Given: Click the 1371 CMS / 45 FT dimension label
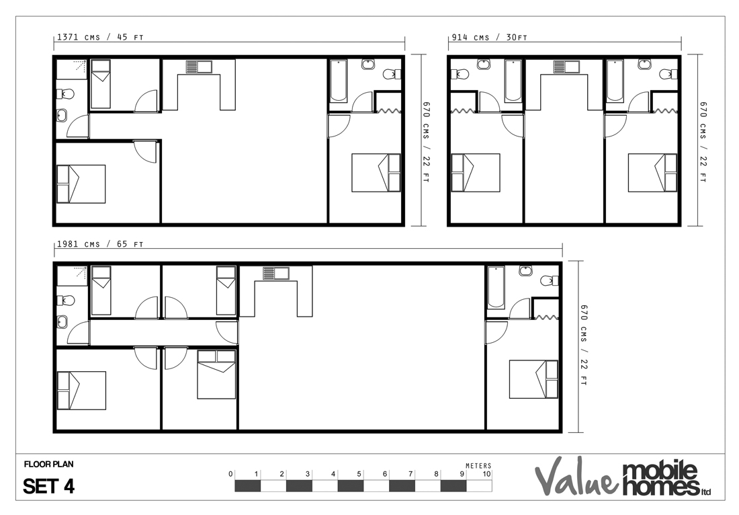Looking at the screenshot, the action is point(100,37).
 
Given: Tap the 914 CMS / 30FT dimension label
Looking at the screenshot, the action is point(489,37).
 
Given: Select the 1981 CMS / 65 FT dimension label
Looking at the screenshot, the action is point(100,244).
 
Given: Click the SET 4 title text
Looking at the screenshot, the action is point(49,486).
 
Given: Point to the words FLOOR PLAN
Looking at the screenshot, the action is point(49,464).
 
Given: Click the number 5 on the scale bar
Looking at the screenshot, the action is point(359,473).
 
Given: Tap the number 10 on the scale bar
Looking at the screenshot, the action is point(486,473).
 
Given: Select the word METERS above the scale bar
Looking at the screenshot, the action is point(478,465).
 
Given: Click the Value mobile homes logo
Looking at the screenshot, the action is point(623,477).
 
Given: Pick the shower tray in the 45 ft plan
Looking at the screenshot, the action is point(72,69).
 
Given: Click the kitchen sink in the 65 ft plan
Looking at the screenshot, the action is point(275,274).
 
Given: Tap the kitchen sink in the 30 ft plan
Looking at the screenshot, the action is point(566,67).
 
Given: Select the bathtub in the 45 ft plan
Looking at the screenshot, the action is point(339,81).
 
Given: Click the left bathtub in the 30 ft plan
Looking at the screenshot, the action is point(513,81).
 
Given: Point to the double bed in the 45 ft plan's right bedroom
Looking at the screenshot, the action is point(376,173).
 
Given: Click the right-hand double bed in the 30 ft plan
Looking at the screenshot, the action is point(652,173).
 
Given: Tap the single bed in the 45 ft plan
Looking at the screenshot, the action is point(100,84).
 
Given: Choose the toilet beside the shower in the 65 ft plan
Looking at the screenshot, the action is point(66,300).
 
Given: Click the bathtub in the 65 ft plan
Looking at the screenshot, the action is point(496,287).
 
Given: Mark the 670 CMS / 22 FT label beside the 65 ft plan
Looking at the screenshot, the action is point(584,345).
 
